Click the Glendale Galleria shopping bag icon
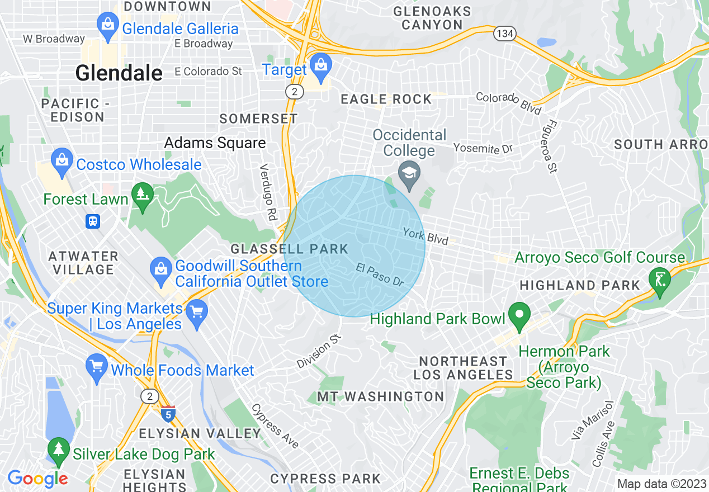pyautogui.click(x=107, y=25)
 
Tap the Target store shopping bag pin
pyautogui.click(x=322, y=65)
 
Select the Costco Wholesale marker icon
pyautogui.click(x=62, y=160)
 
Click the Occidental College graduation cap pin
pyautogui.click(x=409, y=173)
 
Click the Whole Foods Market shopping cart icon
pyautogui.click(x=97, y=367)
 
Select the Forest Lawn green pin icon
pyautogui.click(x=142, y=195)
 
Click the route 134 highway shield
pyautogui.click(x=504, y=34)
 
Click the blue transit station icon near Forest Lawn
pyautogui.click(x=93, y=221)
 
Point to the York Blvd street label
pyautogui.click(x=426, y=236)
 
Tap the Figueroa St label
pyautogui.click(x=549, y=146)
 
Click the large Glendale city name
pyautogui.click(x=119, y=73)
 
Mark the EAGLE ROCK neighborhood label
pyautogui.click(x=386, y=100)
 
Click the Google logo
pyautogui.click(x=37, y=479)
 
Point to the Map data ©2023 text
pyautogui.click(x=661, y=484)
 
